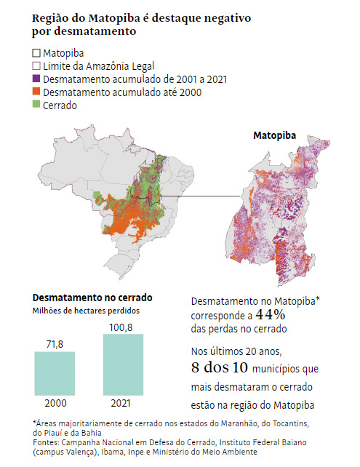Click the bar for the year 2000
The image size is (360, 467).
point(55,374)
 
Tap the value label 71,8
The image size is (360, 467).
point(55,342)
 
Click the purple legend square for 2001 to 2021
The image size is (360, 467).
point(36,79)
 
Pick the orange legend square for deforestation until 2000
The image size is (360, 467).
point(36,92)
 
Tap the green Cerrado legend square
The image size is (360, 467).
point(36,105)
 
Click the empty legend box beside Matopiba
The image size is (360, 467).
point(36,53)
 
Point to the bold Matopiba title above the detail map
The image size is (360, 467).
point(273,136)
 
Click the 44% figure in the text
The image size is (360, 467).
point(270,315)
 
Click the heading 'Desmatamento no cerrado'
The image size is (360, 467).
point(92,298)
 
